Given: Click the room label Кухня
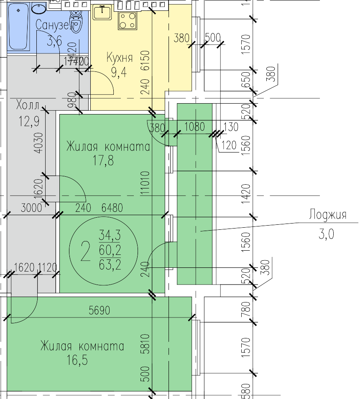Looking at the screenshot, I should point(120,58).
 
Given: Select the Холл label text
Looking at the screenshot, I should point(28,104).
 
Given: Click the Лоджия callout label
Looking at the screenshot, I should point(328,215).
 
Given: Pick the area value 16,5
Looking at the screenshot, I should point(77,360).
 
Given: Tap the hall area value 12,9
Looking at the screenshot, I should point(29,122).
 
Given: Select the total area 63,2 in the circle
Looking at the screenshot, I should point(110,265).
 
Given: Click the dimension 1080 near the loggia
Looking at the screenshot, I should point(196,127).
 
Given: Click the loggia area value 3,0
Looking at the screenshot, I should point(326,235).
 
